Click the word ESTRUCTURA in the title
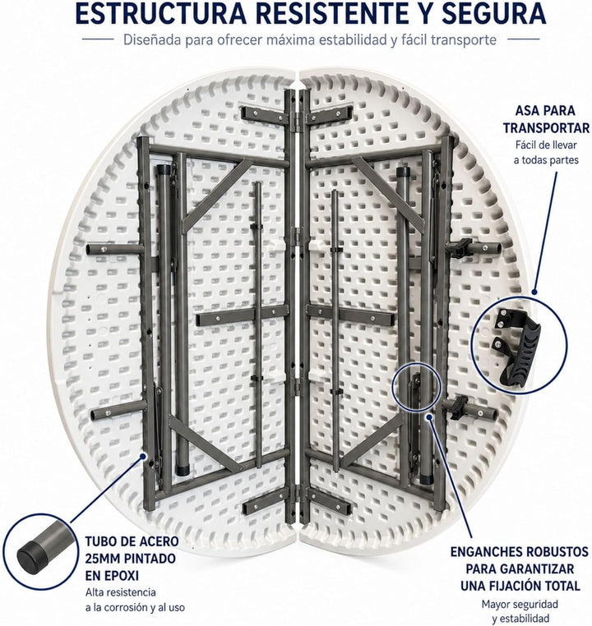(161, 13)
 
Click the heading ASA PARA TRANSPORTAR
(546, 119)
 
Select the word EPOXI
(112, 576)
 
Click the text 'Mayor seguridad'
(520, 604)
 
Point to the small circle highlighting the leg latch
(417, 386)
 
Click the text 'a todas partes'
(546, 160)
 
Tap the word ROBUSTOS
(557, 552)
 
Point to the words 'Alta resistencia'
(121, 592)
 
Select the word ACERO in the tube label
(159, 541)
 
